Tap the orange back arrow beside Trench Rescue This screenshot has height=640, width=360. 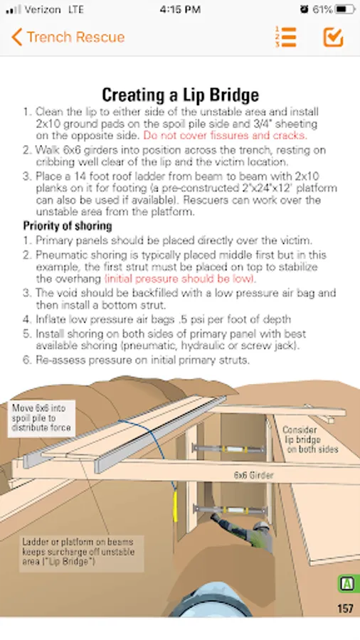17,37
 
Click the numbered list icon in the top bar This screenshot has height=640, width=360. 286,37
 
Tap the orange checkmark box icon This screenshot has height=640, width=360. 333,37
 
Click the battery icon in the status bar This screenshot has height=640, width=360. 345,9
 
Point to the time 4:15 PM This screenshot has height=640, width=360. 180,9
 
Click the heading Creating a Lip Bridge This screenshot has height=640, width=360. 180,95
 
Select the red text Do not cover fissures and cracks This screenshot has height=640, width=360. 225,135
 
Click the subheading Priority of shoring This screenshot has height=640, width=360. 68,225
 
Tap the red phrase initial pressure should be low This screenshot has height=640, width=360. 179,279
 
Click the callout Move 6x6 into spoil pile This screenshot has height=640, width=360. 41,417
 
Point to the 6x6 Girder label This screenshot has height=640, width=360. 253,475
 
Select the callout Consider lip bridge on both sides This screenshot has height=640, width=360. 310,439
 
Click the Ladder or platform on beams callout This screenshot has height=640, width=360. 81,552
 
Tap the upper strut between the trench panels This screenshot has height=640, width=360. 229,449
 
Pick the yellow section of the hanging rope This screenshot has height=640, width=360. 176,506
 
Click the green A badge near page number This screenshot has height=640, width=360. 347,584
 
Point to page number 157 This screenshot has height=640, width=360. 345,609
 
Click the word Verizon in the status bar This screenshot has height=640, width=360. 43,9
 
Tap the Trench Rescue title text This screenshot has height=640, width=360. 75,37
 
